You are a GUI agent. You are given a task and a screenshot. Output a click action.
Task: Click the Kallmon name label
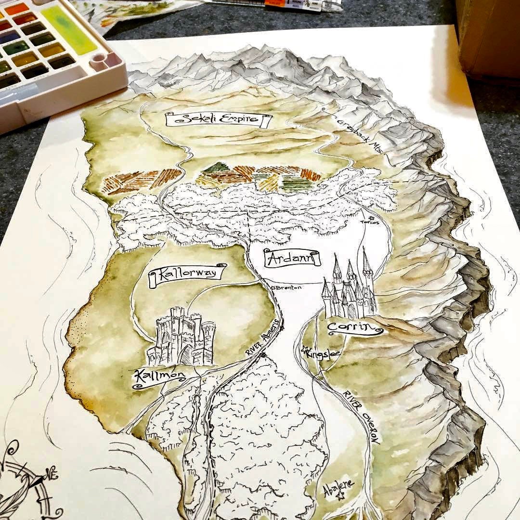coord(153,377)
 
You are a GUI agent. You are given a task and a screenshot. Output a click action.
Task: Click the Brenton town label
coord(289,287)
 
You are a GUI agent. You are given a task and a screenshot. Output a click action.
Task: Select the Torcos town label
coord(371,222)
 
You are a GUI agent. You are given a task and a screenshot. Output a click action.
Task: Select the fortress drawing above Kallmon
coord(182,337)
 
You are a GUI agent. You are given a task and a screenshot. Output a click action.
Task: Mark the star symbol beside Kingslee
coord(304,350)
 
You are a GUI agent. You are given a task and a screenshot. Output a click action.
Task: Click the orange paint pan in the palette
coord(16,8)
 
